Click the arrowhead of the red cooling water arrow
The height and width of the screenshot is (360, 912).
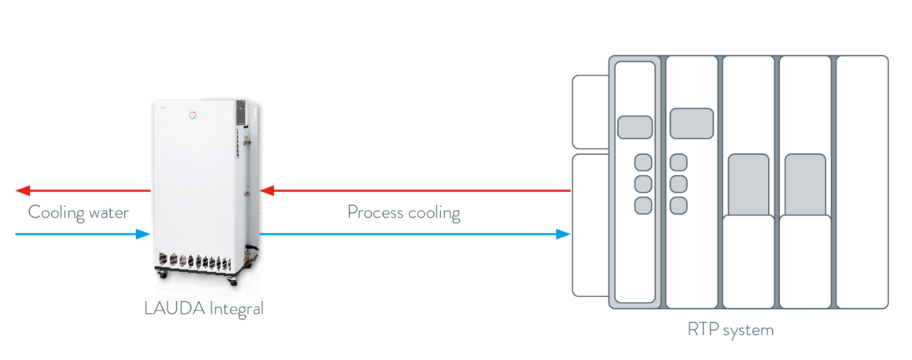pyautogui.click(x=23, y=190)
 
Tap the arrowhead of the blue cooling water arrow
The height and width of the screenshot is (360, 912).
pyautogui.click(x=143, y=233)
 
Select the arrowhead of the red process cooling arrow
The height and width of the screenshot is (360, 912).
pyautogui.click(x=267, y=190)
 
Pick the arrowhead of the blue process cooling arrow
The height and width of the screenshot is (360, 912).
pyautogui.click(x=563, y=233)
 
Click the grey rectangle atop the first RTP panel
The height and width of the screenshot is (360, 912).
pyautogui.click(x=634, y=127)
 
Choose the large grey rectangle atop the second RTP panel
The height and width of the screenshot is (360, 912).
pyautogui.click(x=691, y=123)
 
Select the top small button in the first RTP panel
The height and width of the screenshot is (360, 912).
pyautogui.click(x=643, y=163)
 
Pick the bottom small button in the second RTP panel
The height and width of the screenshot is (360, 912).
pyautogui.click(x=678, y=205)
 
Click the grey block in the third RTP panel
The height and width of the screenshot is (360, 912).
pyautogui.click(x=748, y=185)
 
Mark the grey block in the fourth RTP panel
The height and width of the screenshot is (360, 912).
pyautogui.click(x=805, y=185)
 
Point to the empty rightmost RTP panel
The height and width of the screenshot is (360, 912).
pyautogui.click(x=862, y=182)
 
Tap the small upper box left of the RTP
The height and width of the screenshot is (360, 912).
pyautogui.click(x=590, y=112)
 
